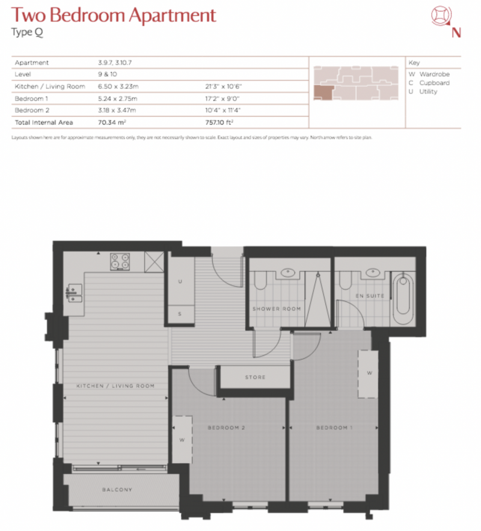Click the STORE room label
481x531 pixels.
coord(255,377)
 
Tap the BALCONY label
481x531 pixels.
coord(117,490)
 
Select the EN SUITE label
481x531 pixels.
coord(370,296)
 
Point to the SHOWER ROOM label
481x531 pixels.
coord(277,309)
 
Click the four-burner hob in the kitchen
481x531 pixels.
coord(120,262)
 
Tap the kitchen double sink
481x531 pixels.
coord(74,293)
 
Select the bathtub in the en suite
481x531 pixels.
coord(403,298)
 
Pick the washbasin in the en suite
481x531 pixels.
coord(373,272)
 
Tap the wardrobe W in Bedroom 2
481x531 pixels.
coord(182,440)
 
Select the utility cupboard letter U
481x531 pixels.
coord(180,281)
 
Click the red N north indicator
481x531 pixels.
coord(456,32)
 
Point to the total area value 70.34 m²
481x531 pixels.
coord(112,123)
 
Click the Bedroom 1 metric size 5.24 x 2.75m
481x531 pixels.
coord(118,99)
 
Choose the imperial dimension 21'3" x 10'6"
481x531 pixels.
coord(224,86)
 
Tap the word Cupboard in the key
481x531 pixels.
coord(435,83)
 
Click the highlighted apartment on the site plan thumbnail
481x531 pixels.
coord(323,93)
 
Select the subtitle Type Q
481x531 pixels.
coord(27,32)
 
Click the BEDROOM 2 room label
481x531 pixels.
coord(226,428)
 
